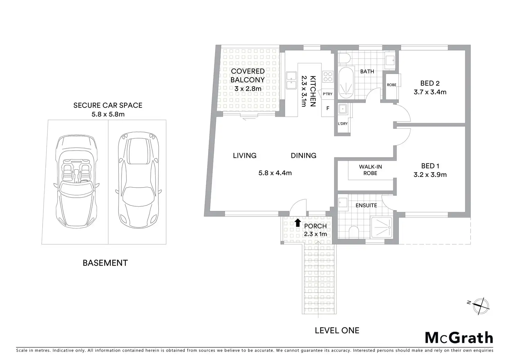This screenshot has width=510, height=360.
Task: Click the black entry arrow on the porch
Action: [298, 223]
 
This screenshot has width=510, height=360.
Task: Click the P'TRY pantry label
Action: [328, 94]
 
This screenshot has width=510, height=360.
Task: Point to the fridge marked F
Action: [328, 108]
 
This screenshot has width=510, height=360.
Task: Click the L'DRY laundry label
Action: [343, 124]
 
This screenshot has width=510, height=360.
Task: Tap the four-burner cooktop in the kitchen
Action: [328, 76]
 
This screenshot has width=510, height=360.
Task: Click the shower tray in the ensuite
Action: [382, 227]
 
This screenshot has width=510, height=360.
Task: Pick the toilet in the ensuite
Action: [354, 232]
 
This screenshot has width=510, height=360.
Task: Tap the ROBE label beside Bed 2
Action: [392, 85]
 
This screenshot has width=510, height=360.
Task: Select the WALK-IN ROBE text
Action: [370, 170]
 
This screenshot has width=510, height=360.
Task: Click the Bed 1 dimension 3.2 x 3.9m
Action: [430, 175]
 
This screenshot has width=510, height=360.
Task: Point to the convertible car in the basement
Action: [77, 181]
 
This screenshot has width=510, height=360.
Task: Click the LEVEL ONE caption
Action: [337, 331]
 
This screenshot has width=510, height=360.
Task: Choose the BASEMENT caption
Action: [105, 263]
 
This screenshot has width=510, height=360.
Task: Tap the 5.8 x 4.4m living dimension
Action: [275, 173]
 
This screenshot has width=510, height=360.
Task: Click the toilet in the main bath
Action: [344, 58]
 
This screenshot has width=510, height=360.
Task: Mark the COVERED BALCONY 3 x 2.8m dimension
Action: [248, 89]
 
